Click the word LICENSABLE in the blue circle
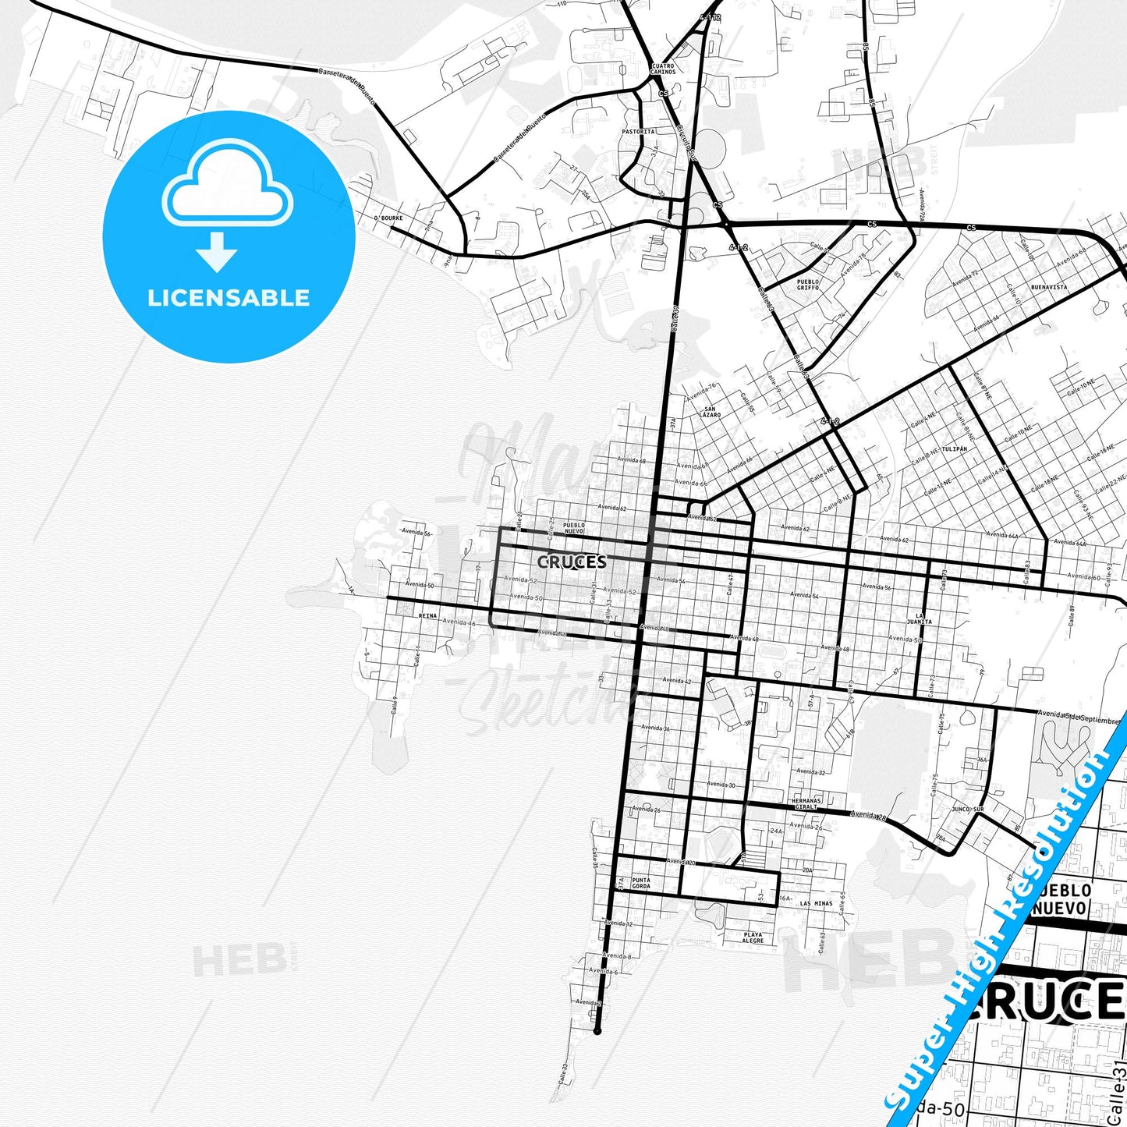pos(229,298)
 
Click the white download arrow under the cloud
pos(217,252)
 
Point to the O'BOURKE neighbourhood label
pos(388,218)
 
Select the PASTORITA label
pos(638,132)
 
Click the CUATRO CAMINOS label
pos(662,69)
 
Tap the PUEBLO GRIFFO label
pos(808,285)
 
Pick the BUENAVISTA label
pos(1049,287)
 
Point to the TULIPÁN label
pos(954,449)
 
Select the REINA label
pos(427,616)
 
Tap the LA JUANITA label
pos(920,619)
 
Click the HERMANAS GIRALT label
pos(806,803)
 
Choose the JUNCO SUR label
pos(967,810)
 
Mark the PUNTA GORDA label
pos(641,884)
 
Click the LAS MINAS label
pos(816,904)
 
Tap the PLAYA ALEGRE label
pos(753,937)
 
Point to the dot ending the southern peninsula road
pos(597,1031)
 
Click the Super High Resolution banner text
pos(1002,928)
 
